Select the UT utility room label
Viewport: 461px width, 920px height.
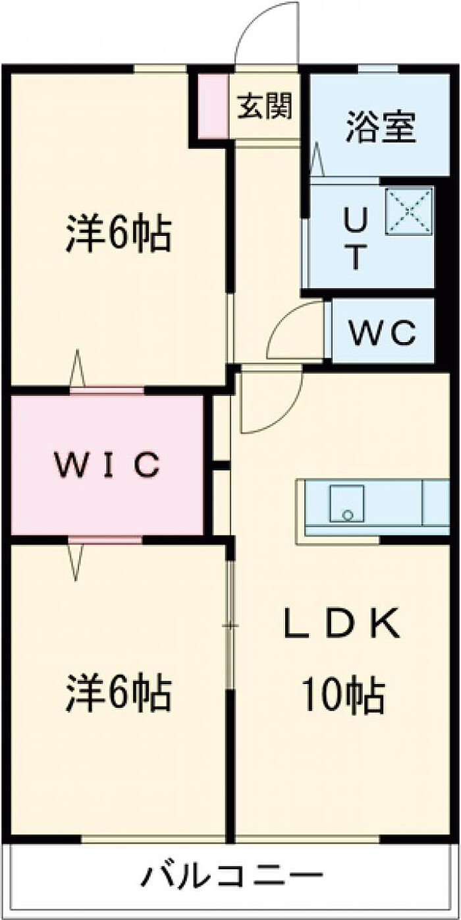(354, 238)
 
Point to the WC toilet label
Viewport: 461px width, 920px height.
(383, 333)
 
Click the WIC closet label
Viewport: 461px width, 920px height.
(107, 465)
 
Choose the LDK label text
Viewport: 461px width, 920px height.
(342, 623)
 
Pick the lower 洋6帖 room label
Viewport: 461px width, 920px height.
(119, 692)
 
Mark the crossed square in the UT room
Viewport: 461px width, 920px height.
(409, 211)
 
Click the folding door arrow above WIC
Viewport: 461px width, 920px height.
(78, 370)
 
